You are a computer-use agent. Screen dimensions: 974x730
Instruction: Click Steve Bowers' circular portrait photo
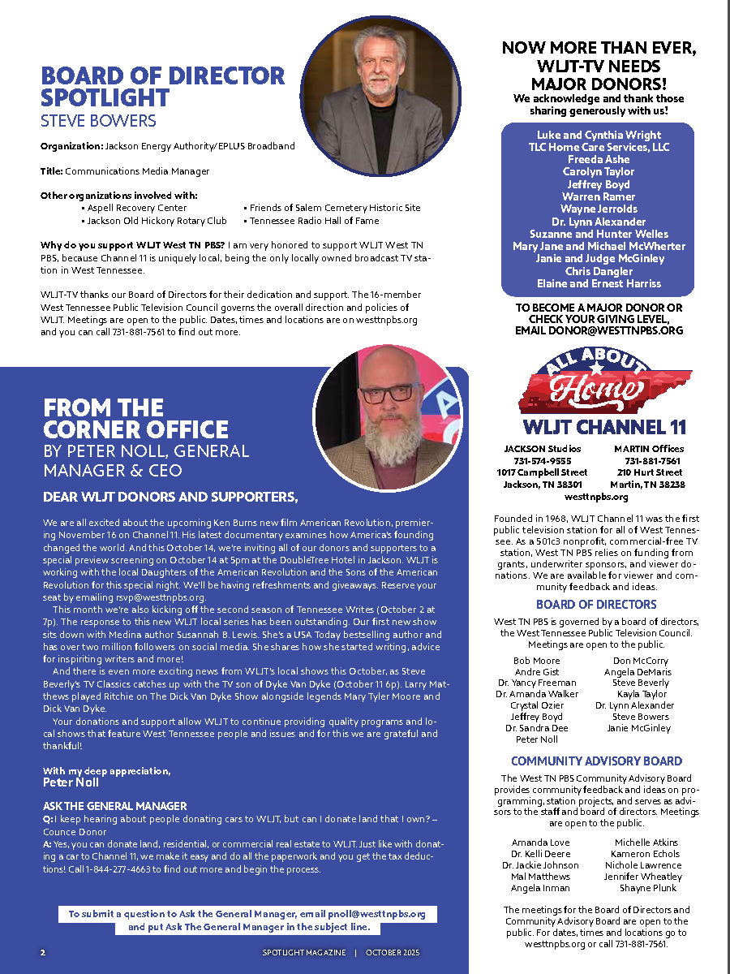point(380,97)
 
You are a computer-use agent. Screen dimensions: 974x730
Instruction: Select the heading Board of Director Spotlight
point(163,87)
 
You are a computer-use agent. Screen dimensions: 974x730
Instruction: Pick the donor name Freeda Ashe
point(599,160)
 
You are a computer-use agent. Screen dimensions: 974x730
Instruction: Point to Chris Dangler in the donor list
point(599,271)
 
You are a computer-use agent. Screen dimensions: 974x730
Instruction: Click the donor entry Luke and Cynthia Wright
point(599,136)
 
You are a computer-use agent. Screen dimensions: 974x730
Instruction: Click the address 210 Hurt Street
point(649,472)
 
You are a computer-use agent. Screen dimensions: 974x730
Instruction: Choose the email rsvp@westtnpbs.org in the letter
point(158,597)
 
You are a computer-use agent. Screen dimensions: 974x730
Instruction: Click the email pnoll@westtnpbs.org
point(384,914)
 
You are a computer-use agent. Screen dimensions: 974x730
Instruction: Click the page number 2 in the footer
point(43,952)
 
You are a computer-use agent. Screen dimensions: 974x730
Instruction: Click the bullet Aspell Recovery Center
point(137,208)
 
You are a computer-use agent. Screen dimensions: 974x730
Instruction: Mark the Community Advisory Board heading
point(596,761)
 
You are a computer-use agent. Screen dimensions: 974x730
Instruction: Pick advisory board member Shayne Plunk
point(647,888)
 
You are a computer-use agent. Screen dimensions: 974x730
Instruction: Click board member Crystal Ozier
point(537,705)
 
